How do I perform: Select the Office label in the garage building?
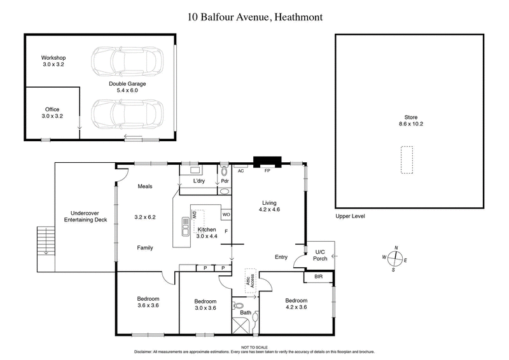tap(52, 113)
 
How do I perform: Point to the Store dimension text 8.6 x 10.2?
tap(410, 124)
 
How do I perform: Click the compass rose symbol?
tap(395, 259)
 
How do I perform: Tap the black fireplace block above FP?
tap(262, 162)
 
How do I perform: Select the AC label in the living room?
tap(241, 171)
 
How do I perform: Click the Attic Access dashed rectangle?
tap(252, 280)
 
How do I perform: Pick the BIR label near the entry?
tap(318, 277)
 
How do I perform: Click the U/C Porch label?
tap(319, 255)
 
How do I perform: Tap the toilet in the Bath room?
tap(239, 306)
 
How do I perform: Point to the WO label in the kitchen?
tap(226, 214)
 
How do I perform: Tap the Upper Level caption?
tap(350, 216)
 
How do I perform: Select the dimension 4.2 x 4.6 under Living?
tap(269, 209)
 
